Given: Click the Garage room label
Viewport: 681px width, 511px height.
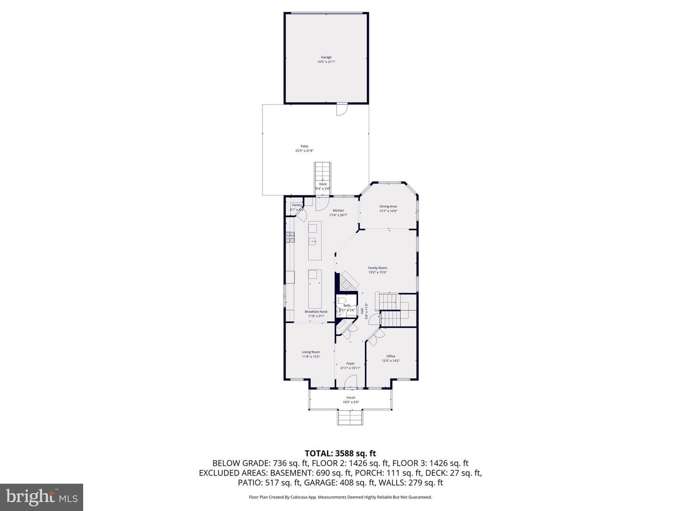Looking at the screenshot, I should tap(326, 57).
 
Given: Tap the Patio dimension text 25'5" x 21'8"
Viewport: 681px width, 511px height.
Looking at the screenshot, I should tap(305, 151).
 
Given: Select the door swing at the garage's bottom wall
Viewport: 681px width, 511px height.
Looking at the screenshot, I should tap(341, 110).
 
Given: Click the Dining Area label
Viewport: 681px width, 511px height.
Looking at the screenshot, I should tap(388, 206).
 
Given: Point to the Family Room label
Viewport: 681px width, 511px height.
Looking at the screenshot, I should tap(377, 268).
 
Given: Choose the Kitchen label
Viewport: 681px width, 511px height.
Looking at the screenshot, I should tap(338, 211).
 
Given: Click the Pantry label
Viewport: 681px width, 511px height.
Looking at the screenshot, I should tap(297, 205).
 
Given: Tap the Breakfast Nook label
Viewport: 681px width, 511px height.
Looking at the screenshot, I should tap(316, 311).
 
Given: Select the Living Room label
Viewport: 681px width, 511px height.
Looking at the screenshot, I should tap(311, 352).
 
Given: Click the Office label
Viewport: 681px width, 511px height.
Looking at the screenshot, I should tap(391, 356).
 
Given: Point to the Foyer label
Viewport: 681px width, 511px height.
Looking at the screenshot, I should tap(350, 363).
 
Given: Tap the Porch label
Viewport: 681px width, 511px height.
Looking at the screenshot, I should tap(350, 397).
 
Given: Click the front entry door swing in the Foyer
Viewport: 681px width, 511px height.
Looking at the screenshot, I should tap(350, 381).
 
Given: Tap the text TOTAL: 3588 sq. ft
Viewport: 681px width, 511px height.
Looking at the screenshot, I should tap(340, 453).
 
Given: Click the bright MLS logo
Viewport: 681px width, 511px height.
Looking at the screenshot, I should tap(42, 497).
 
